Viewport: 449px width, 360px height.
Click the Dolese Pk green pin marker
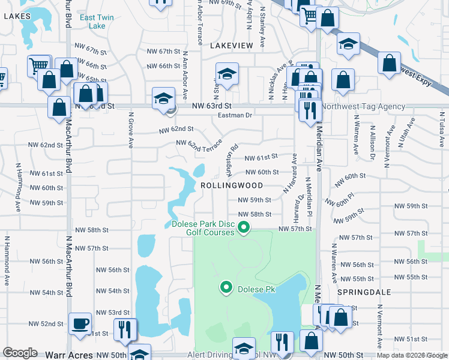click(226, 289)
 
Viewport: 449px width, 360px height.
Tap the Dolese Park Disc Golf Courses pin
click(243, 227)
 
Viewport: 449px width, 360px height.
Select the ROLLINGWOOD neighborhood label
click(232, 186)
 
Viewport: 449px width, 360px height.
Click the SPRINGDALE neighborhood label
click(364, 292)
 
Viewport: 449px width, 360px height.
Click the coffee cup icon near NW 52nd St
click(80, 324)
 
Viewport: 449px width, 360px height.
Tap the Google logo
click(20, 353)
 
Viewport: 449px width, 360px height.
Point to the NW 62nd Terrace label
click(199, 144)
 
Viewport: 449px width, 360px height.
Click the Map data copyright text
click(412, 355)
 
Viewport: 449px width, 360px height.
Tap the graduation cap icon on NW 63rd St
click(163, 98)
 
